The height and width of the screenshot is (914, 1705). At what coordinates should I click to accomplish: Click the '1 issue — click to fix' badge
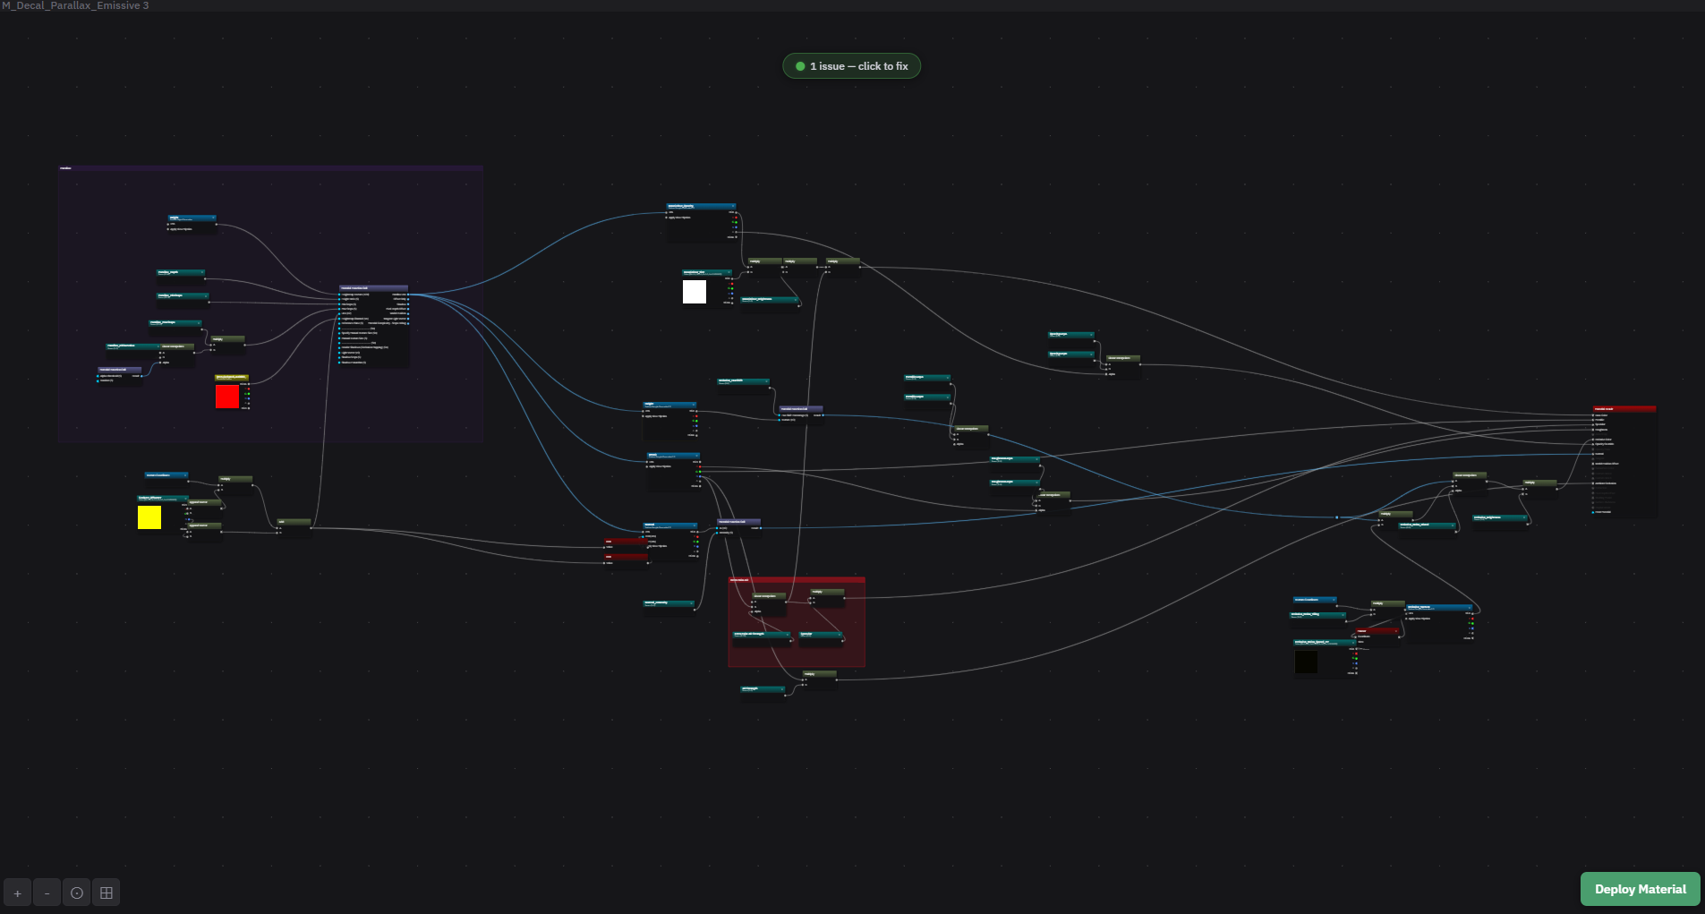pyautogui.click(x=851, y=66)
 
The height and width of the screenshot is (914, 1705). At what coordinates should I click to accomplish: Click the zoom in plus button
pyautogui.click(x=17, y=893)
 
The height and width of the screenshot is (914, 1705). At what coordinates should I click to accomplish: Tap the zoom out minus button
pyautogui.click(x=47, y=893)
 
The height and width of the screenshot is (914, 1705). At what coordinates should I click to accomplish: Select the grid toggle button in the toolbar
pyautogui.click(x=107, y=893)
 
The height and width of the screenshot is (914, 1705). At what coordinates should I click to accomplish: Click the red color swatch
pyautogui.click(x=227, y=397)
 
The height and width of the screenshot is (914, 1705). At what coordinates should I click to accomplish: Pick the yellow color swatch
pyautogui.click(x=149, y=517)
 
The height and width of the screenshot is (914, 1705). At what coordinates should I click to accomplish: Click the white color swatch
pyautogui.click(x=695, y=292)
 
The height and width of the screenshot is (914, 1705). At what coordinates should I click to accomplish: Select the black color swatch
pyautogui.click(x=1306, y=662)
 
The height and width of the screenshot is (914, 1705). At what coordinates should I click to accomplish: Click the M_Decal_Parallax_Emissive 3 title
pyautogui.click(x=75, y=5)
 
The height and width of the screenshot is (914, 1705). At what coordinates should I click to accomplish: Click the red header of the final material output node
pyautogui.click(x=1624, y=409)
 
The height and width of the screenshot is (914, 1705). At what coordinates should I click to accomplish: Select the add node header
pyautogui.click(x=294, y=521)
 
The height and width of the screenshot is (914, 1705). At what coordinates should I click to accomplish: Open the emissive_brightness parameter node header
pyautogui.click(x=1500, y=517)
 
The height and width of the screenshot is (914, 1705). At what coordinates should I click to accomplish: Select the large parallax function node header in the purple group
pyautogui.click(x=373, y=288)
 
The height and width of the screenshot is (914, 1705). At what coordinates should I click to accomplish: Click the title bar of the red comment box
pyautogui.click(x=796, y=580)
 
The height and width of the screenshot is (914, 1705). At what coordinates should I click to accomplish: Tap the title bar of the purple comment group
pyautogui.click(x=269, y=167)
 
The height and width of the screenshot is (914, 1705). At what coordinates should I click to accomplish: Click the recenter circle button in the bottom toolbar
pyautogui.click(x=77, y=893)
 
